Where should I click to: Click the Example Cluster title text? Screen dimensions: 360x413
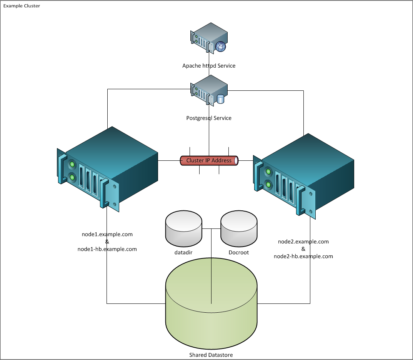(22, 7)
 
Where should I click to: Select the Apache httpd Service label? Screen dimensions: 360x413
(209, 66)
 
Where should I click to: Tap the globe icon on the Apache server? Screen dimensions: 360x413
(220, 47)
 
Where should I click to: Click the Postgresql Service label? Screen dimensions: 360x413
(209, 118)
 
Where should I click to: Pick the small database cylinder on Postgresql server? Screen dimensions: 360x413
(220, 99)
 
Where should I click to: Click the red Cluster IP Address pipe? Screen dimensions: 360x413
(209, 160)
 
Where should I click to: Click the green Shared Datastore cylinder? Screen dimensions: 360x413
(211, 304)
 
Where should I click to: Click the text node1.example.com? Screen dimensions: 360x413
(107, 234)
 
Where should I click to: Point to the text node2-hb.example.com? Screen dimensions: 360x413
(303, 256)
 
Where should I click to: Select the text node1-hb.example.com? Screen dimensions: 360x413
(107, 249)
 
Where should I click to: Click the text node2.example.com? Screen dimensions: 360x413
(303, 242)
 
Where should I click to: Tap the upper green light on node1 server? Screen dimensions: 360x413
(72, 165)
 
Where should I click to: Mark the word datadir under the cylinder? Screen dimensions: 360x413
(183, 253)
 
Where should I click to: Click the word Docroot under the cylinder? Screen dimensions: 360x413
(239, 253)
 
